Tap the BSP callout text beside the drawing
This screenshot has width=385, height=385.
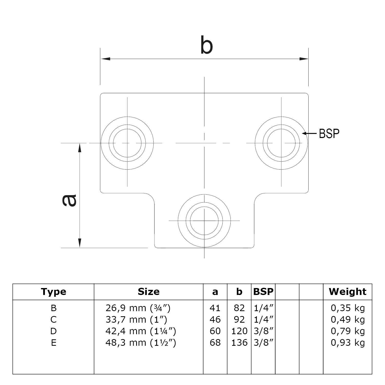(329, 133)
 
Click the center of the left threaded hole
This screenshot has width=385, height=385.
(127, 143)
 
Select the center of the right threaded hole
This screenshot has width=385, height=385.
(281, 143)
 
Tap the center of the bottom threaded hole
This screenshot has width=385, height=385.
(204, 220)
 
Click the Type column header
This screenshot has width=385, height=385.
(53, 292)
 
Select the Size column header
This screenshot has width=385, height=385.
(149, 292)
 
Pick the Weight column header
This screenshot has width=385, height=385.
(348, 292)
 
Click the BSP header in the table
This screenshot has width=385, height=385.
(263, 292)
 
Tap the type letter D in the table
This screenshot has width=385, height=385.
(53, 331)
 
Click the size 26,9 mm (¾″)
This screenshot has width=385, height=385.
(138, 308)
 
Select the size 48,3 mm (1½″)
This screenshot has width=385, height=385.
(141, 343)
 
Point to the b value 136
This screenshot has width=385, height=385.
(239, 343)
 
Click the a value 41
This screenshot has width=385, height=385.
(215, 308)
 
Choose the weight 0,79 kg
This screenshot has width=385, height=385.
(348, 331)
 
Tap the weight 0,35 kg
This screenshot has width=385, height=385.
(348, 308)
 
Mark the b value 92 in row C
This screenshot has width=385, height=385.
(239, 320)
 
